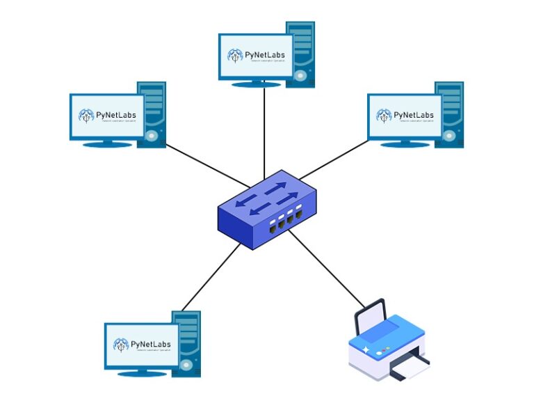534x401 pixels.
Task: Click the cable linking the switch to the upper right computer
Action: click(334, 159)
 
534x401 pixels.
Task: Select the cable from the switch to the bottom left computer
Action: click(209, 278)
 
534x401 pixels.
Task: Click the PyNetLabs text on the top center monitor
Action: click(264, 55)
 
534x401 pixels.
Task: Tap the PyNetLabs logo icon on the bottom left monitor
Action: click(122, 344)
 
